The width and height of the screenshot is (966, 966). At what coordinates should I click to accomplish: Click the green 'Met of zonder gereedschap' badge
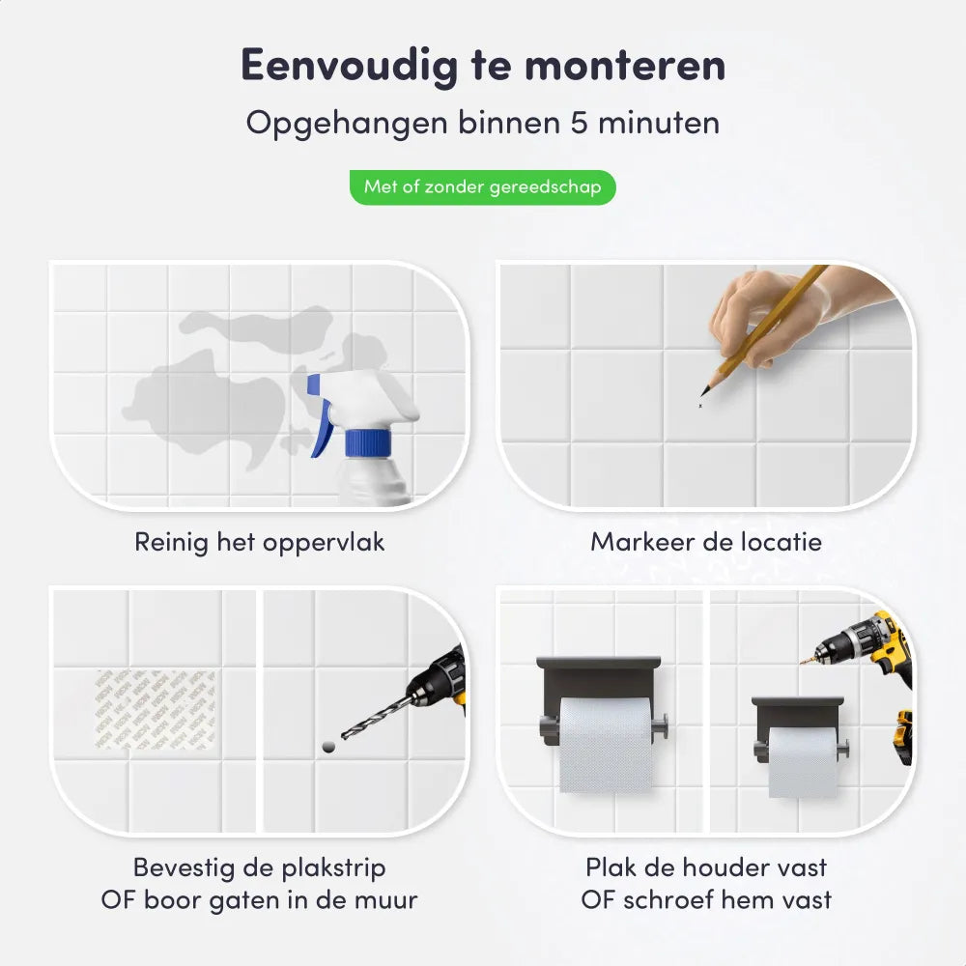(x=482, y=186)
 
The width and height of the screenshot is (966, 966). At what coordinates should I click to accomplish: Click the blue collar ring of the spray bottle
(x=367, y=443)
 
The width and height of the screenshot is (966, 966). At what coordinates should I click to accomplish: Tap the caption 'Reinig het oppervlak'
(x=259, y=542)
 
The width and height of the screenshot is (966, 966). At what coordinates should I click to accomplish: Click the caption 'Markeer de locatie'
(x=706, y=542)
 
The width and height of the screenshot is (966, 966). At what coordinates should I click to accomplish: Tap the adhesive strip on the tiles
(x=155, y=709)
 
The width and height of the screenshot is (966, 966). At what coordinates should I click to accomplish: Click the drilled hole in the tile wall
(x=326, y=746)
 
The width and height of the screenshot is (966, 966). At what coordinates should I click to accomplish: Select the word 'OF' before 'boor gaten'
(x=119, y=900)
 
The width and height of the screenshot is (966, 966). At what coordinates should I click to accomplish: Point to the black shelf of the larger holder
(x=599, y=666)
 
